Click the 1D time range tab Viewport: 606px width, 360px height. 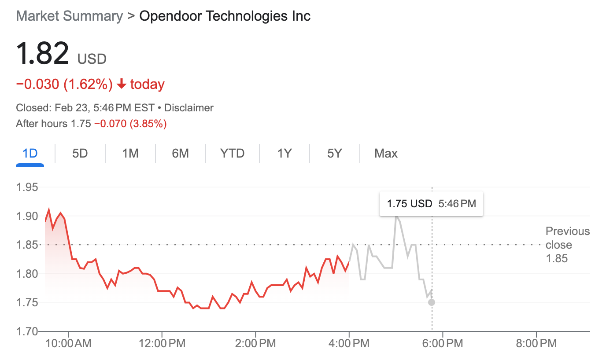30,154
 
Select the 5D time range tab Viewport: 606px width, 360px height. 80,154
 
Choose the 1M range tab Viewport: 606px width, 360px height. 130,154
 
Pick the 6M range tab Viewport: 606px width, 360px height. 180,154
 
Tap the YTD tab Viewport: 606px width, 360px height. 232,154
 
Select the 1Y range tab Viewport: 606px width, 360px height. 285,154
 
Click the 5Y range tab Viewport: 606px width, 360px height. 335,154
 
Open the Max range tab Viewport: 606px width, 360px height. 386,154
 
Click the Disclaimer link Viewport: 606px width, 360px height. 188,108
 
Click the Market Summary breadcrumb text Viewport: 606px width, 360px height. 69,16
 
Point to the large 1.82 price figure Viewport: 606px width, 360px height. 42,53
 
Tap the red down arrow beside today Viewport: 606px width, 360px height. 122,84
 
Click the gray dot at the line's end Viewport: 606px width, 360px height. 432,302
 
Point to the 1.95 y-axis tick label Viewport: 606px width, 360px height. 27,187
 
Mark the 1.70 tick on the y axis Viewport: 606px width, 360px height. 27,331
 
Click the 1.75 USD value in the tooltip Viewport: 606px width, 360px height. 409,204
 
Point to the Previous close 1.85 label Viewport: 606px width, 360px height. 567,245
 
